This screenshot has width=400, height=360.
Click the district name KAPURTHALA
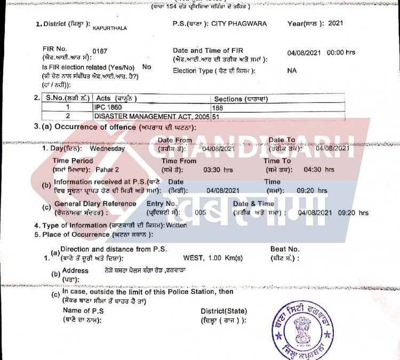coord(110,28)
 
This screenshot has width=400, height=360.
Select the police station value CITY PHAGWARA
coord(239,24)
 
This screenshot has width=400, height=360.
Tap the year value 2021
coord(335,24)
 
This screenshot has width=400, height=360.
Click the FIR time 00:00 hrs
coord(344,53)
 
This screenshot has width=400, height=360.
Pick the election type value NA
coord(292,70)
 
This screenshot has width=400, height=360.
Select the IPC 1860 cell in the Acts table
coord(107,108)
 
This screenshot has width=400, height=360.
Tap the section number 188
coord(217,108)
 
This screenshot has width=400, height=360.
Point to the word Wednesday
coord(107,149)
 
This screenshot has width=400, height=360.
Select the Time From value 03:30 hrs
coord(218,170)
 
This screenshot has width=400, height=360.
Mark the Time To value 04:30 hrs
coord(319,170)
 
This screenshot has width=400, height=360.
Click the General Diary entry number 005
coord(201,212)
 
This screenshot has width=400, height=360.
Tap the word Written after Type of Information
coord(177,226)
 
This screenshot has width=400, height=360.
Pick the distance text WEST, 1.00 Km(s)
coord(213,258)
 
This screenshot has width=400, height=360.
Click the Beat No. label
coord(285,249)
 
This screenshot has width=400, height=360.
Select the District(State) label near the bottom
coord(223,311)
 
